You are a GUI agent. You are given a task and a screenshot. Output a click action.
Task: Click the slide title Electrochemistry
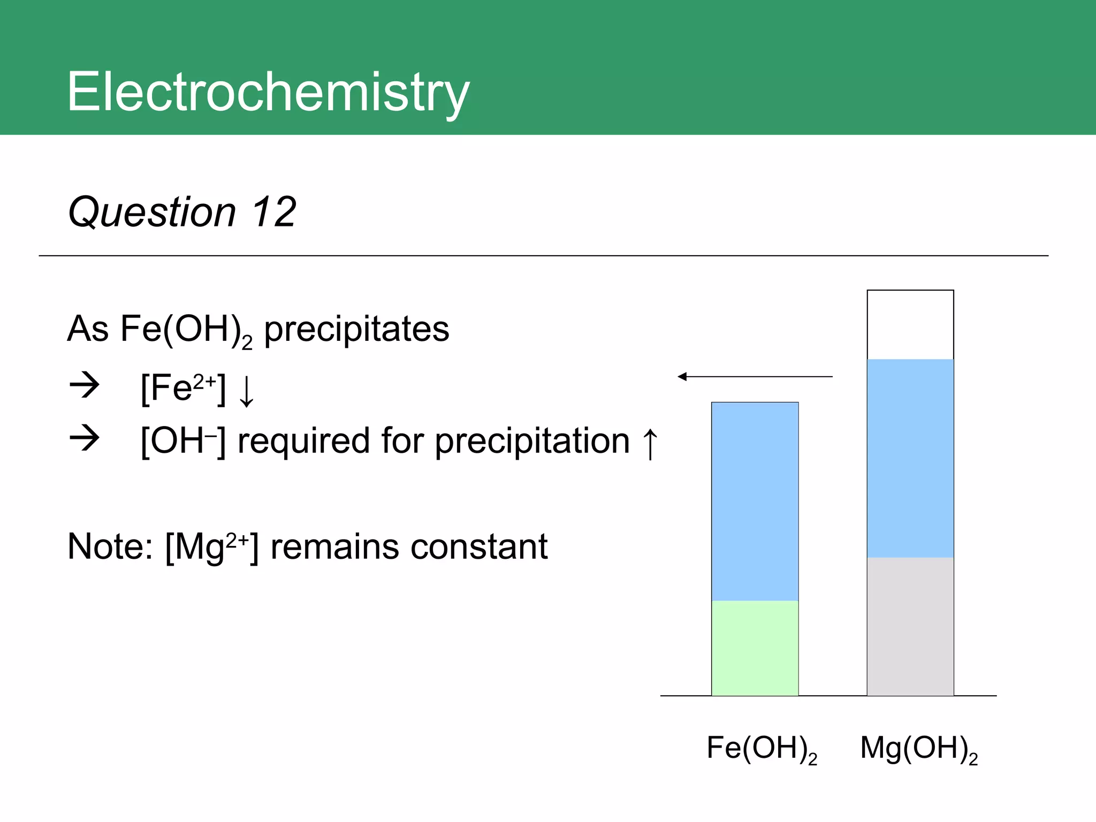(x=268, y=92)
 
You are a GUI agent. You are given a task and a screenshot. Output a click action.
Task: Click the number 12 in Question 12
(x=274, y=212)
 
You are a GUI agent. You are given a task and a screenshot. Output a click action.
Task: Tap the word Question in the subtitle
(x=152, y=213)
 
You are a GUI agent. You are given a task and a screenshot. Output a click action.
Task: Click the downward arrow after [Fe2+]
(x=247, y=391)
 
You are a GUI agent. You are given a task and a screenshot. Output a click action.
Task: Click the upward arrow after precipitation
(x=650, y=443)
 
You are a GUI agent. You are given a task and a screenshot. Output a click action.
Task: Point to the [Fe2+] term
(x=183, y=389)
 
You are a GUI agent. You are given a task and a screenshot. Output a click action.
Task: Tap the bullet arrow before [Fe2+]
(x=85, y=385)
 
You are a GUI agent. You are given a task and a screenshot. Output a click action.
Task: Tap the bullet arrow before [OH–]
(x=85, y=438)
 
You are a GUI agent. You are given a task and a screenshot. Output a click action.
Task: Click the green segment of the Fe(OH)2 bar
(x=755, y=648)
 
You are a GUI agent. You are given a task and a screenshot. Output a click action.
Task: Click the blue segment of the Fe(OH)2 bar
(x=755, y=501)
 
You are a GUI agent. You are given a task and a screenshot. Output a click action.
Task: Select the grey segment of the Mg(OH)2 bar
(x=910, y=626)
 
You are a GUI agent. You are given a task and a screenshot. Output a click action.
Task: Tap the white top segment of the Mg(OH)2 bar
(x=910, y=324)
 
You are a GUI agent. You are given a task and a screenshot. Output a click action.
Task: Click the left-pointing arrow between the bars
(x=755, y=377)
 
